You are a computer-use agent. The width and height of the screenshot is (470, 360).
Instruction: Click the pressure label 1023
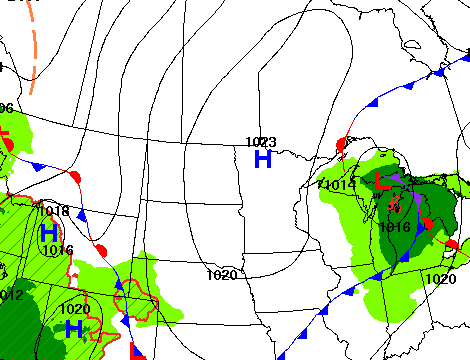coord(261,142)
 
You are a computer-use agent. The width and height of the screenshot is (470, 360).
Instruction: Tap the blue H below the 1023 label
coord(263,158)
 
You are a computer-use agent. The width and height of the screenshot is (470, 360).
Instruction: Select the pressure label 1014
coord(338,185)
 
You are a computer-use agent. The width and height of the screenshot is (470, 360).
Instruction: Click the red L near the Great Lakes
coord(382,184)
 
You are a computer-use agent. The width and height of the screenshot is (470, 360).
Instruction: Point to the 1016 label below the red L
coord(395,227)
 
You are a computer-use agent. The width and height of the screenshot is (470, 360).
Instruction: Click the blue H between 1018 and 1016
coord(48,232)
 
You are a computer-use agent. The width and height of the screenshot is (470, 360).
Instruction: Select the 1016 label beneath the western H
coord(57,250)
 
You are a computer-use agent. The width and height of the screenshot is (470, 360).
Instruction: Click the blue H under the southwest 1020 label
coord(73,327)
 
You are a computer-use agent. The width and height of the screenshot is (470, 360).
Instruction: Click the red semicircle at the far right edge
coord(452,245)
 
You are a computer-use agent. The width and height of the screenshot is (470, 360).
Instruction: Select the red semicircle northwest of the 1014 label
coord(341,146)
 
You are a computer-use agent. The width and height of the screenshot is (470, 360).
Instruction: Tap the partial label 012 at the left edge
coord(9,294)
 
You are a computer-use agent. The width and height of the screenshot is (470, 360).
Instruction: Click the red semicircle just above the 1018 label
coord(73,177)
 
